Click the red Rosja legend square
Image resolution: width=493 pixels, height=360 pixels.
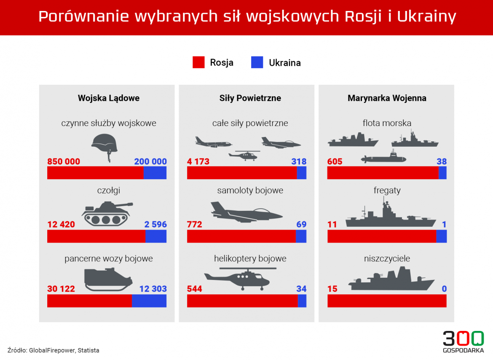(198, 62)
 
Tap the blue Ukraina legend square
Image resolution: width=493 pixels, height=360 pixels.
(257, 62)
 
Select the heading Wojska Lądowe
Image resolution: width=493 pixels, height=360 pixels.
(109, 98)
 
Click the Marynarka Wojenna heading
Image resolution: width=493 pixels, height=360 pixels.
(387, 98)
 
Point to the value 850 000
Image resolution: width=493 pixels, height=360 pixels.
(64, 161)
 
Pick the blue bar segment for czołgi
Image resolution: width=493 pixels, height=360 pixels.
(156, 236)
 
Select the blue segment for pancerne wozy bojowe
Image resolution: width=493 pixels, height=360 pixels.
(149, 301)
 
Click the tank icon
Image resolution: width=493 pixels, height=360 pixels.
(107, 212)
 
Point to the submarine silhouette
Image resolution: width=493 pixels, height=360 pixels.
(383, 159)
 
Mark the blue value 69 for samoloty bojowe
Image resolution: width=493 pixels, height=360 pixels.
(301, 225)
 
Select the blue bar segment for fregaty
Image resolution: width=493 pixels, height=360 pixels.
(441, 236)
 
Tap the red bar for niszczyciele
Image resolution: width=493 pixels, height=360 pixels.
(387, 301)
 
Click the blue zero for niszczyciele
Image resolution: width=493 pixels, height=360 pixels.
(444, 289)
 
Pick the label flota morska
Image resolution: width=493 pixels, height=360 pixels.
(387, 124)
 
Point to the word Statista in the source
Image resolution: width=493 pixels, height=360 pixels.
(88, 350)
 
